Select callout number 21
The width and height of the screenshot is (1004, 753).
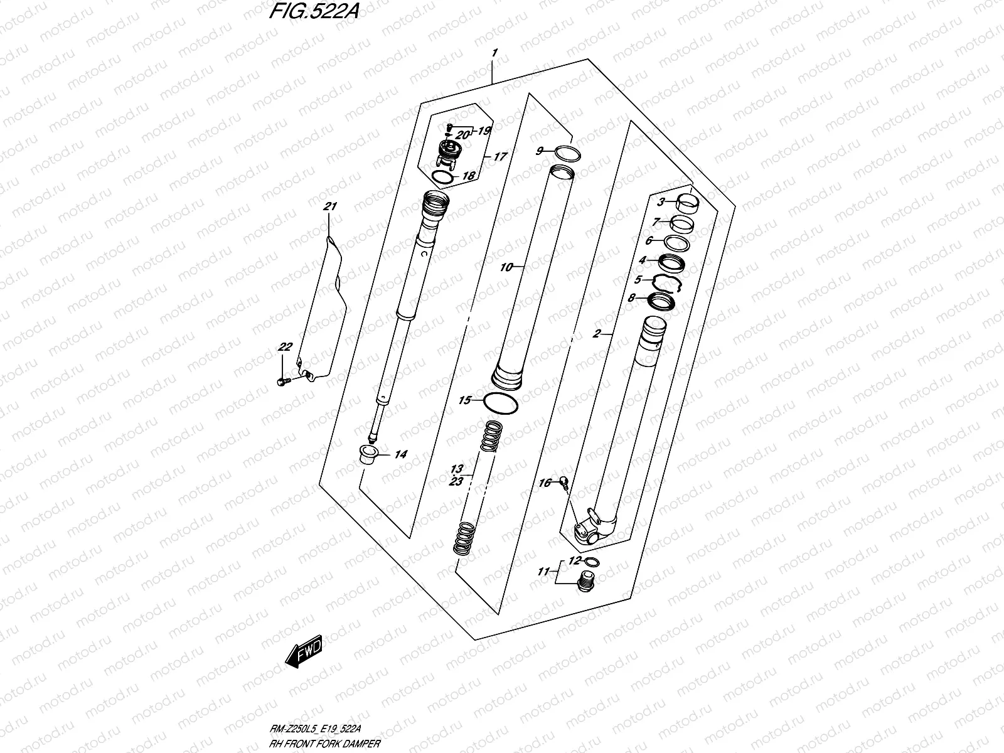coord(330,207)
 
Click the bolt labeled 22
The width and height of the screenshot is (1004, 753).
coord(282,380)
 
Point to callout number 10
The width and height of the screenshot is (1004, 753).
coord(506,268)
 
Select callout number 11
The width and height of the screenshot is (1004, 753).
coord(543,572)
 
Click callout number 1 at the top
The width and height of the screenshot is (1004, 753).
coord(494,54)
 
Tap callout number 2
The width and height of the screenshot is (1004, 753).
coord(597,334)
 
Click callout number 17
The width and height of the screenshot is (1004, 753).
coord(499,157)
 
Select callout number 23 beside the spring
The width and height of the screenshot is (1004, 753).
coord(456,481)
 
